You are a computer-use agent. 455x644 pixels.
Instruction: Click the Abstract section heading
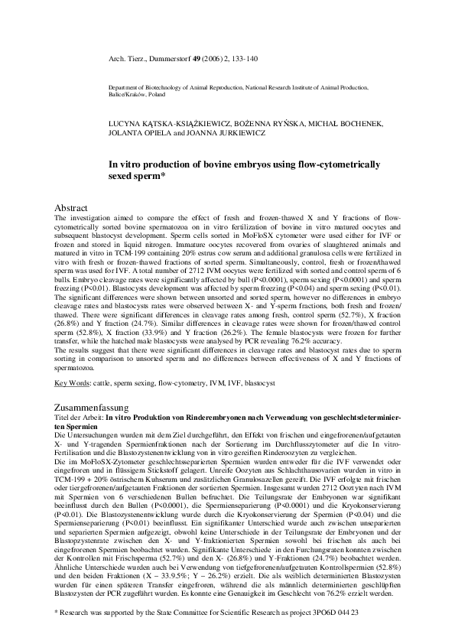tap(71, 208)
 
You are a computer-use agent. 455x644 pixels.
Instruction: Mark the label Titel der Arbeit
tap(79, 420)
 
